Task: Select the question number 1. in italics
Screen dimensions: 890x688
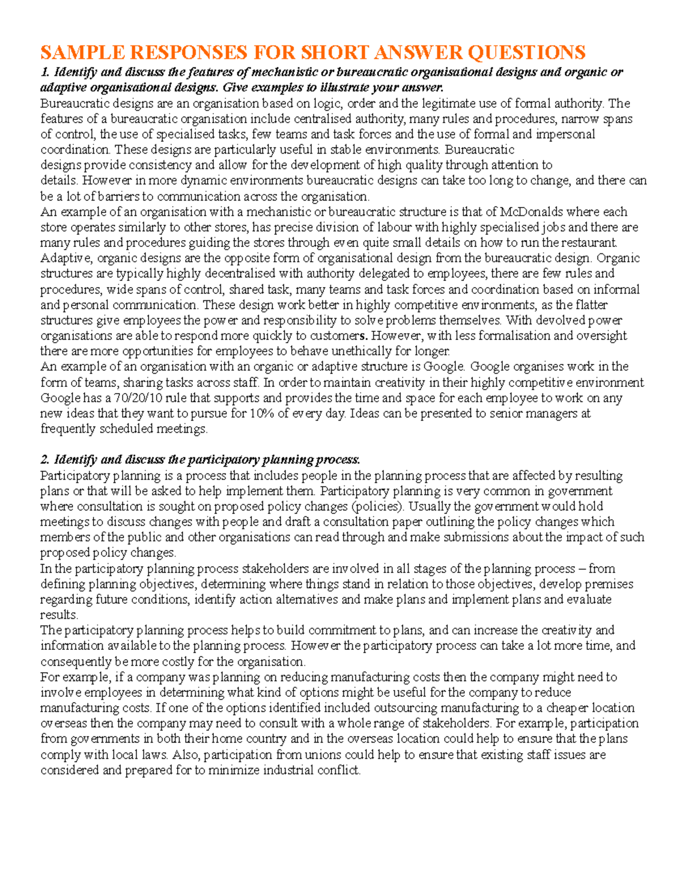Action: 45,72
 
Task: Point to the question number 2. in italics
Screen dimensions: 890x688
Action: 45,460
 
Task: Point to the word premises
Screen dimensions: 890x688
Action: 609,585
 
